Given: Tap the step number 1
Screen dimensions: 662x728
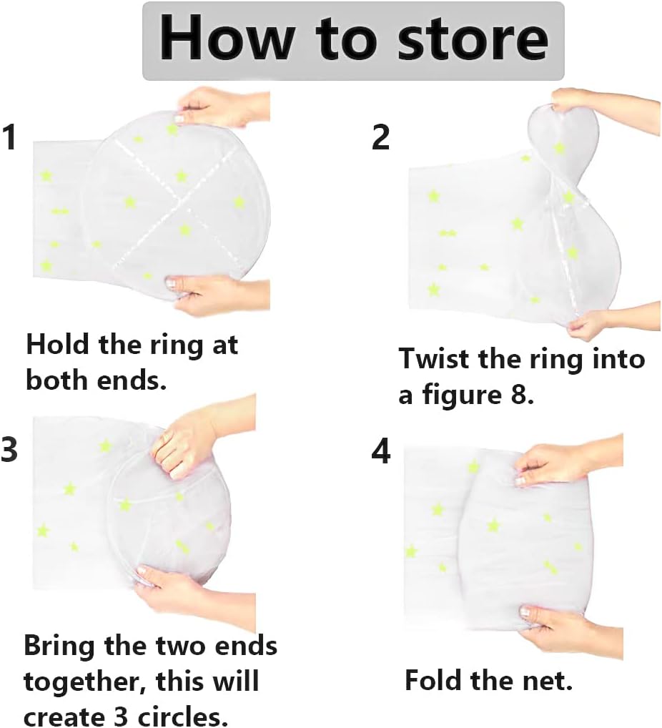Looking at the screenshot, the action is pyautogui.click(x=10, y=137).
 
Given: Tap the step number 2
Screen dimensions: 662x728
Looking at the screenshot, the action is pyautogui.click(x=380, y=137).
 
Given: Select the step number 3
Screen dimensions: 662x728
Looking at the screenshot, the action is pyautogui.click(x=10, y=449).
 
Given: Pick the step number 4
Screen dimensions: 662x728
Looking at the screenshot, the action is pyautogui.click(x=381, y=451).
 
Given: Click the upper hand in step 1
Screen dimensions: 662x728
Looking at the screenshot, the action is pyautogui.click(x=223, y=108).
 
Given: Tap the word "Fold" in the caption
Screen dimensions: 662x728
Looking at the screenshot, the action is pyautogui.click(x=434, y=681).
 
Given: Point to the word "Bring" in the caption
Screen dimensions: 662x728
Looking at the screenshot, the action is pyautogui.click(x=59, y=647).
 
